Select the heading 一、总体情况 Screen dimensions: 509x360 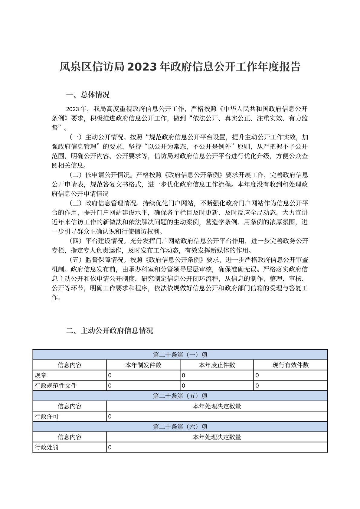(87, 95)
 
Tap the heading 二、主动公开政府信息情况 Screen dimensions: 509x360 (110, 331)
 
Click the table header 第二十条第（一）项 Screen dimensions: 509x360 (180, 355)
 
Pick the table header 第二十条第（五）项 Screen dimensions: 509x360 (180, 396)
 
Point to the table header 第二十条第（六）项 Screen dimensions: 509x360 (180, 427)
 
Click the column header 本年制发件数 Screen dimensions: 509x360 (143, 365)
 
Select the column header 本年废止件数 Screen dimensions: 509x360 (217, 365)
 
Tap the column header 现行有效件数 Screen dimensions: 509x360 (290, 365)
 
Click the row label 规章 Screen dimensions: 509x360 (41, 375)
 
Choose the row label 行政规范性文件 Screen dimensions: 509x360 (56, 386)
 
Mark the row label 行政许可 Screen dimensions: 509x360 (47, 416)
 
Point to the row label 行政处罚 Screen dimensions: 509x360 (47, 447)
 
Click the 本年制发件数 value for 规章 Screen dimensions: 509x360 (110, 375)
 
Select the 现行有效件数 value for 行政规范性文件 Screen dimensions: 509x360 (257, 386)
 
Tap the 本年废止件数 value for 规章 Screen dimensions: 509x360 (183, 375)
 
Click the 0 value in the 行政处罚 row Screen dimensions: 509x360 (110, 447)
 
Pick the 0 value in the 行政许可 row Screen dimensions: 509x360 (110, 416)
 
